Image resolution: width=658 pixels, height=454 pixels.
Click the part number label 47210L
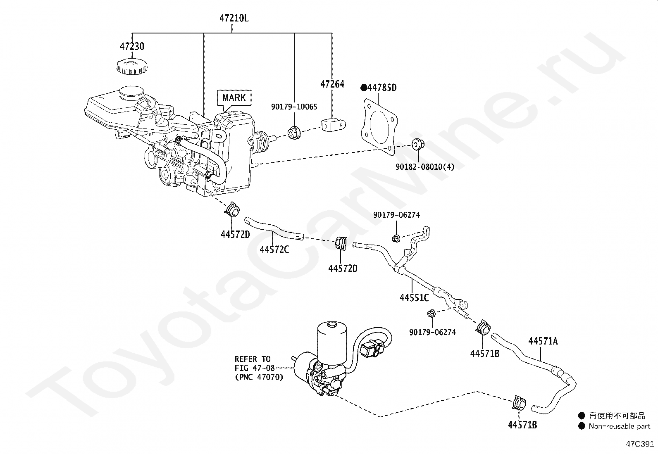tap(234, 18)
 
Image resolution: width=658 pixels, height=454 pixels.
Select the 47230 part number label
tap(132, 46)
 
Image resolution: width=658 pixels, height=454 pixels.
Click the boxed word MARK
tap(234, 97)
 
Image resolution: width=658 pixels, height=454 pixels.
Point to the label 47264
tap(332, 84)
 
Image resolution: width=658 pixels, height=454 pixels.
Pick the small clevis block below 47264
tap(332, 125)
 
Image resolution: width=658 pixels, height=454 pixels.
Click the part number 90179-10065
tap(294, 107)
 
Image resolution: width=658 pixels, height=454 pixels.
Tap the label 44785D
tap(382, 88)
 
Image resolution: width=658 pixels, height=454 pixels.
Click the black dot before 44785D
tap(364, 88)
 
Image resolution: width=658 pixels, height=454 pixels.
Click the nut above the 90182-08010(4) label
tap(417, 145)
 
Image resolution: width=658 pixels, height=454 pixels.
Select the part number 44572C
tap(274, 249)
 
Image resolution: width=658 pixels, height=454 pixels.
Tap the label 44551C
tap(414, 297)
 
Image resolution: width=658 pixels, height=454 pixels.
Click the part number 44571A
tap(543, 341)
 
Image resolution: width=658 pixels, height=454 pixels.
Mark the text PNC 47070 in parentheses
tap(259, 377)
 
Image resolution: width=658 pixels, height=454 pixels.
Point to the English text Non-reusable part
tap(619, 426)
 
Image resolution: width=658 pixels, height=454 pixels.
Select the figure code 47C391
tap(639, 444)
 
